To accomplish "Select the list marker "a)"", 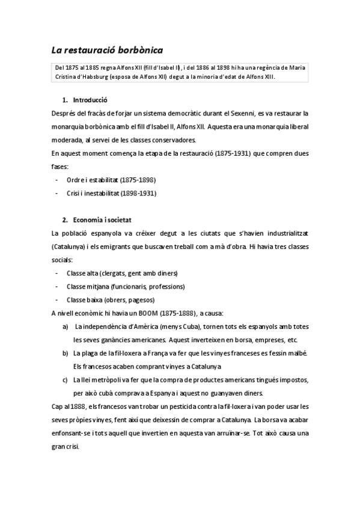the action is [65, 327].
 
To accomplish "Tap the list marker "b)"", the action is [65, 352].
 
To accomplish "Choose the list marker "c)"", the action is [65, 380].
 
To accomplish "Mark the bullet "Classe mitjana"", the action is [87, 286].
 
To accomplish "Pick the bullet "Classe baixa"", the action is [84, 300].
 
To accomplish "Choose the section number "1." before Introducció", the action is [65, 100].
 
